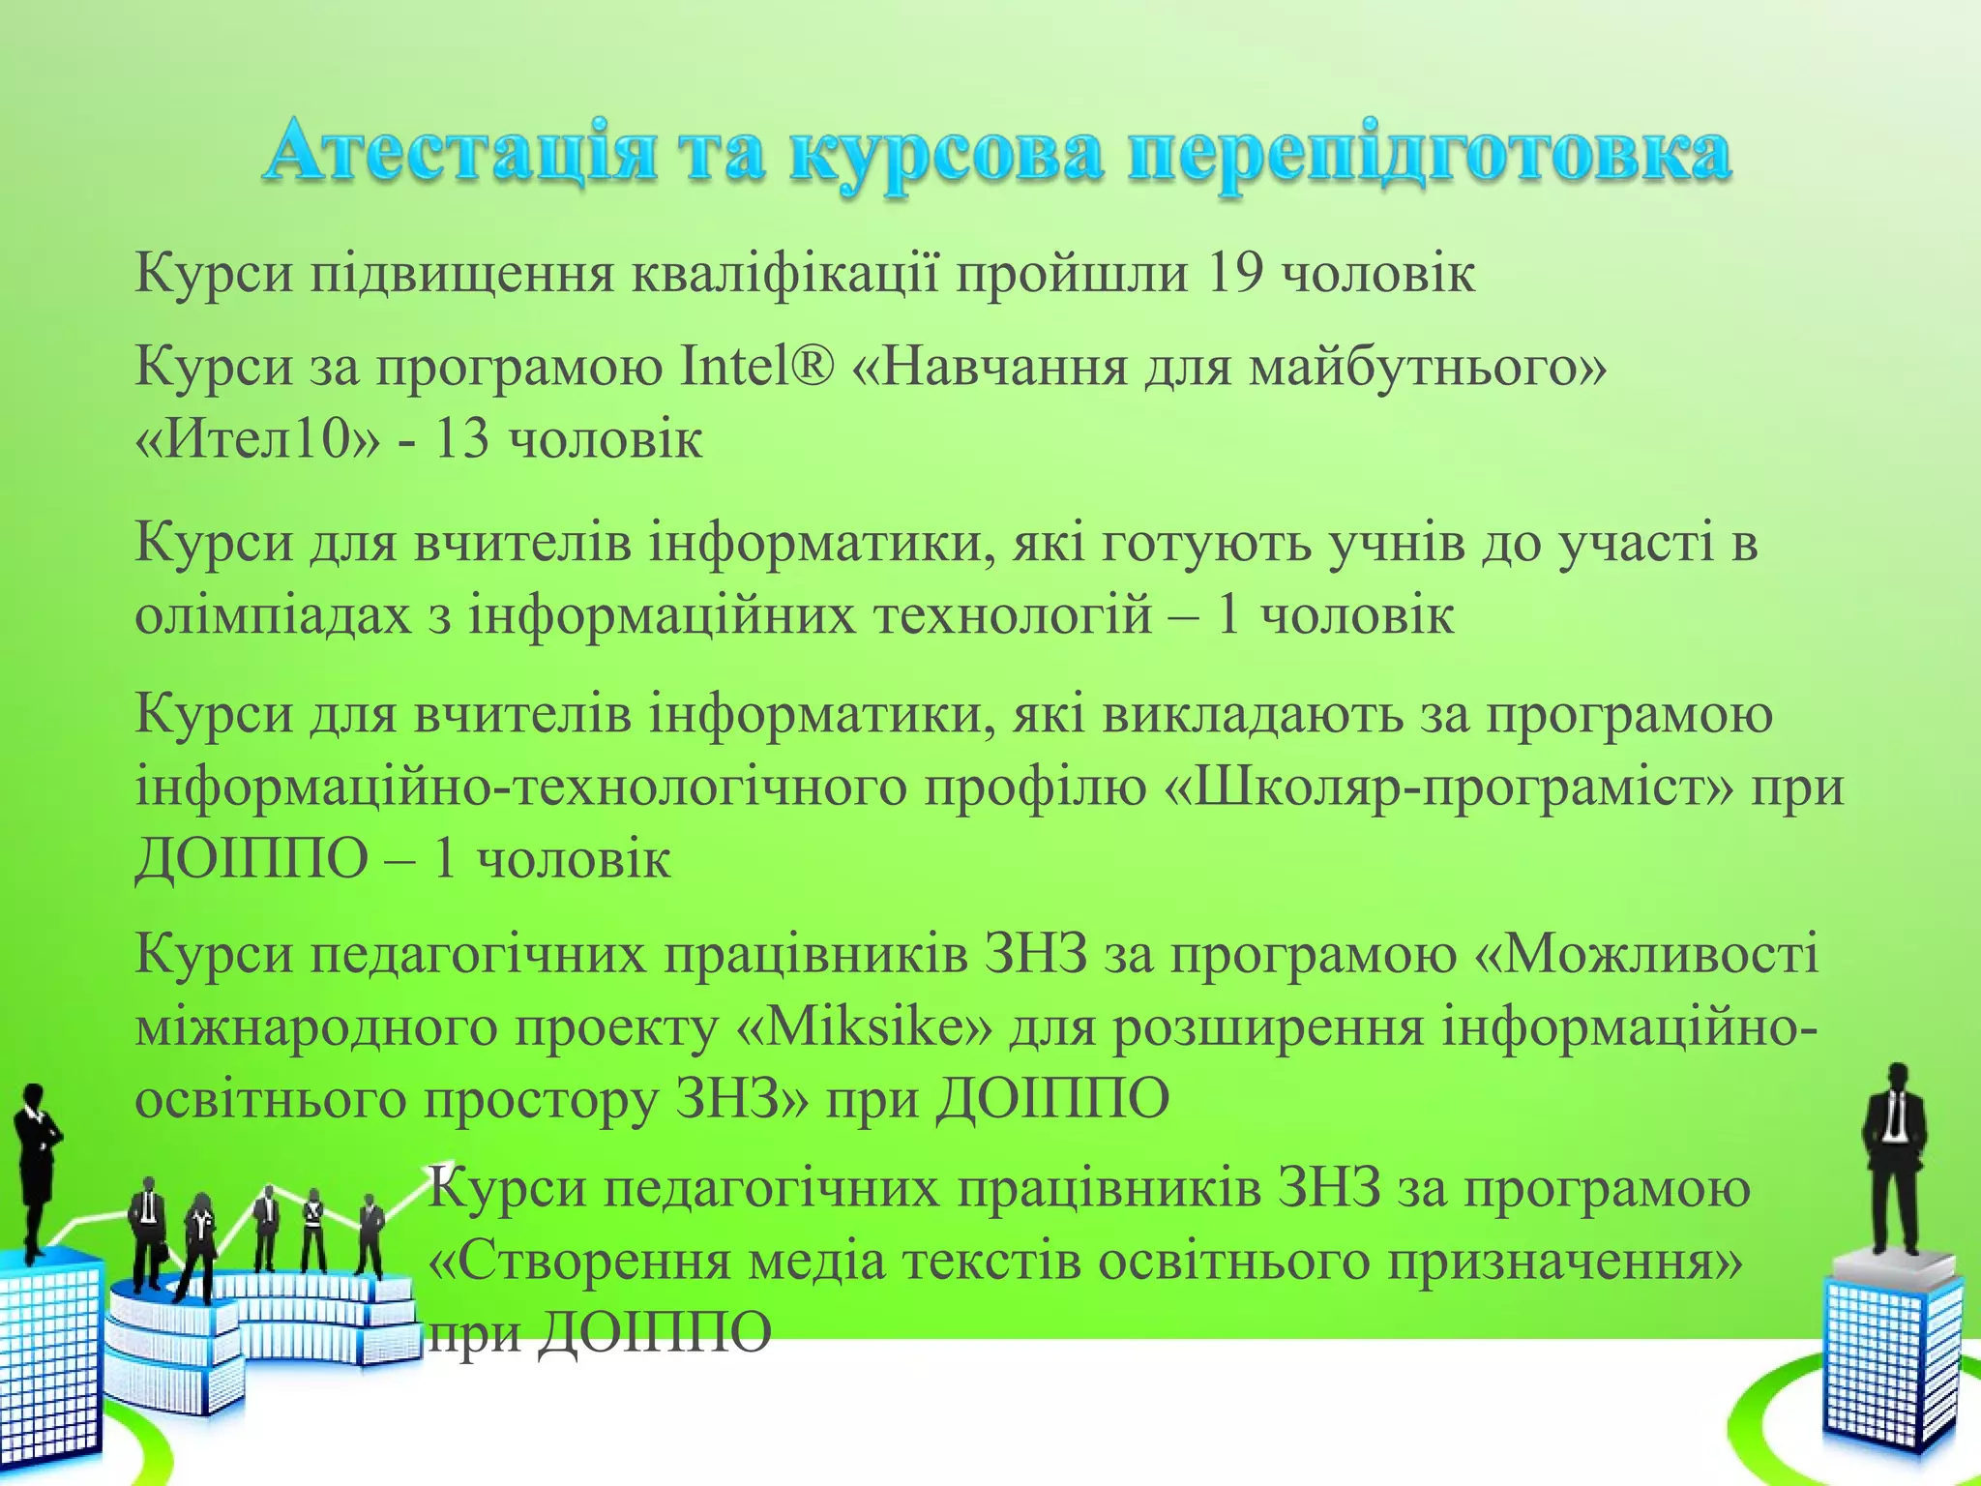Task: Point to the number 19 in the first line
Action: [1235, 274]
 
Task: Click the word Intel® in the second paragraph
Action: [756, 367]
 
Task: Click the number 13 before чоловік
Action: [461, 440]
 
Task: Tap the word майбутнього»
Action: [1428, 367]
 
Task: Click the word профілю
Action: [1035, 787]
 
